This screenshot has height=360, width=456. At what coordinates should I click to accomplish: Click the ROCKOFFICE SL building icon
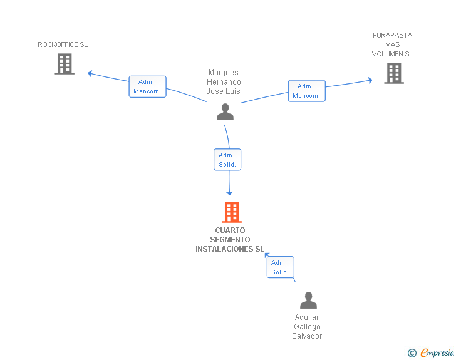pyautogui.click(x=65, y=64)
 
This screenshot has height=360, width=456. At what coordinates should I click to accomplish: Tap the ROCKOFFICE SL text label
pyautogui.click(x=63, y=45)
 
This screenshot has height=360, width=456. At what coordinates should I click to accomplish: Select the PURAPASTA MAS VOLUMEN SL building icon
pyautogui.click(x=393, y=73)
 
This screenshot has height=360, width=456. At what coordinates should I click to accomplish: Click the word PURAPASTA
pyautogui.click(x=393, y=36)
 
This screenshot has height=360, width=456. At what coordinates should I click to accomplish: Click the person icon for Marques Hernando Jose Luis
pyautogui.click(x=225, y=111)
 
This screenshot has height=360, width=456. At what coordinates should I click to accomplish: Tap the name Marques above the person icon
pyautogui.click(x=224, y=73)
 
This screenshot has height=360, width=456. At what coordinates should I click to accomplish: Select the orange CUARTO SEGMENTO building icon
pyautogui.click(x=232, y=212)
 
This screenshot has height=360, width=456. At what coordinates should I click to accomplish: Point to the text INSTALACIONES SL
pyautogui.click(x=230, y=249)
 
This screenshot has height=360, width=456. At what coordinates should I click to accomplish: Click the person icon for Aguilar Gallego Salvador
pyautogui.click(x=308, y=301)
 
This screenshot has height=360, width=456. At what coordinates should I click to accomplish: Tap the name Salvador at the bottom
pyautogui.click(x=307, y=336)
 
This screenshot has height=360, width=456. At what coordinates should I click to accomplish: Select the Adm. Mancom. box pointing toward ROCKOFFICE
pyautogui.click(x=148, y=86)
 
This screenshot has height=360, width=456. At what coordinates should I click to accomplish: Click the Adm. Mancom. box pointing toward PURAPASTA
pyautogui.click(x=306, y=91)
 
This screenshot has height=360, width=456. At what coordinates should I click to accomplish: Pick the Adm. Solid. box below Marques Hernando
pyautogui.click(x=227, y=160)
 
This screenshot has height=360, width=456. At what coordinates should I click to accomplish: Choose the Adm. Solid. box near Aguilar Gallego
pyautogui.click(x=280, y=267)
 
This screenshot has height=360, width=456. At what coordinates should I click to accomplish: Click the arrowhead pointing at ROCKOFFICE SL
pyautogui.click(x=90, y=73)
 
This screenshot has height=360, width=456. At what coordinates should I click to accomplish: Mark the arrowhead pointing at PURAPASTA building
pyautogui.click(x=370, y=80)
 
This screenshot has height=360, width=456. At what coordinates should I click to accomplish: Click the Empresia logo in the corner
pyautogui.click(x=437, y=352)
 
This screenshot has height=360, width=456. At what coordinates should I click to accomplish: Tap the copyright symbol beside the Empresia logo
pyautogui.click(x=412, y=353)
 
